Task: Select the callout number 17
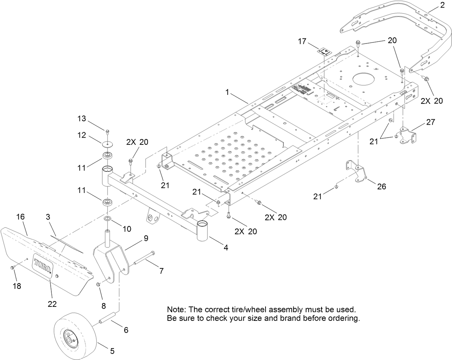[302, 41]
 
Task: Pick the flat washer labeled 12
[107, 144]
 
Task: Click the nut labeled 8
[98, 285]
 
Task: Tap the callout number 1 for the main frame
[227, 92]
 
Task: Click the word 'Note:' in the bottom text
[175, 309]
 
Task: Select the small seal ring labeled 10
[107, 219]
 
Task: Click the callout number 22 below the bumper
[52, 304]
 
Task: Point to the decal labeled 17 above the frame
[324, 51]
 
